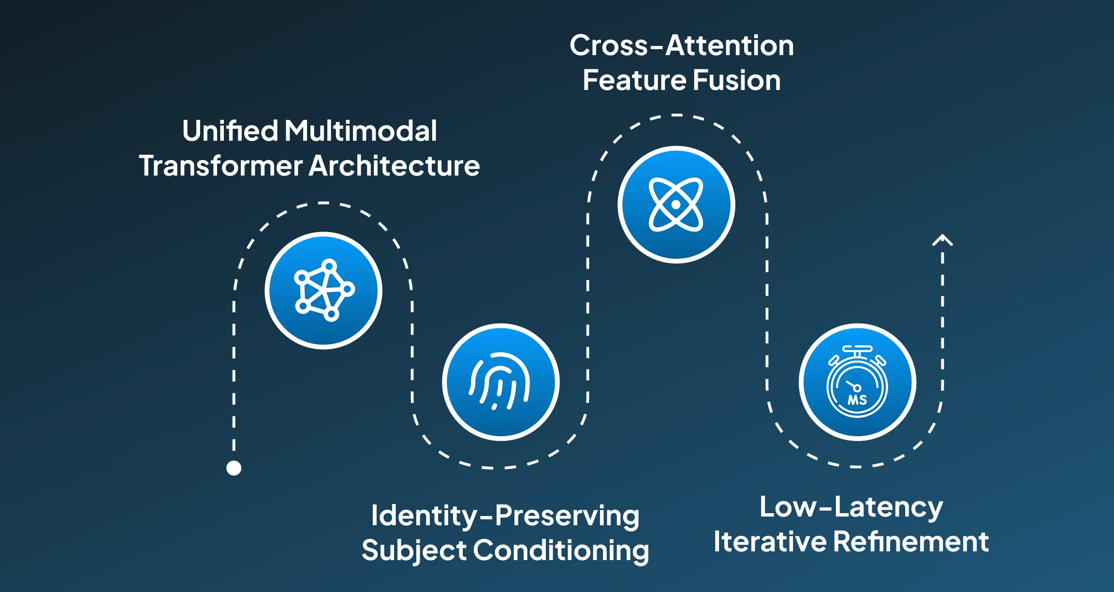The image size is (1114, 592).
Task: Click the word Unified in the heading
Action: [x=230, y=131]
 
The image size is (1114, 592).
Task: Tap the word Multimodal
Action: [x=361, y=131]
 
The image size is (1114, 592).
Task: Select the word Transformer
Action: [x=220, y=166]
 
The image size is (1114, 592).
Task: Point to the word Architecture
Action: [x=394, y=166]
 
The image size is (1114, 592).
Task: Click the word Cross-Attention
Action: [x=682, y=45]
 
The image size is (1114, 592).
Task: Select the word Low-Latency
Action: [x=851, y=508]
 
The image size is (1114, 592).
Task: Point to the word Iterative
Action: [x=770, y=541]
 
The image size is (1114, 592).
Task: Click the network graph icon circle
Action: [x=323, y=291]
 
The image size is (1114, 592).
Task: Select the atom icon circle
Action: [x=676, y=205]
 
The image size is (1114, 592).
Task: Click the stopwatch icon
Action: [x=857, y=381]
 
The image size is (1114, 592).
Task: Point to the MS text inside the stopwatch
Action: [x=857, y=400]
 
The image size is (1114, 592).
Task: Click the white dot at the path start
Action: [x=234, y=468]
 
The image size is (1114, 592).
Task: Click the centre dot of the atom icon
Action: [x=676, y=205]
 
